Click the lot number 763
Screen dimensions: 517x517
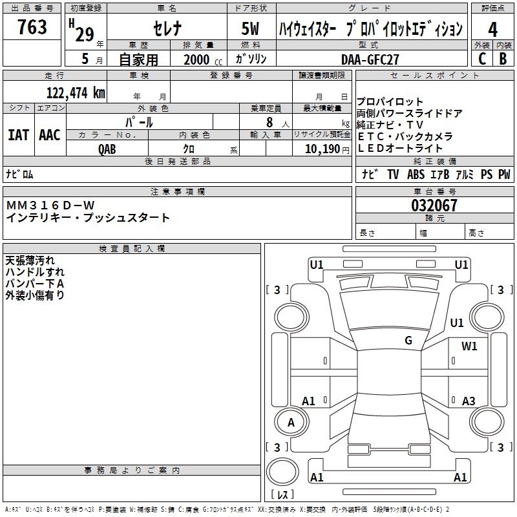tap(32, 28)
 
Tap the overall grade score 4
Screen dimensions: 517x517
tap(492, 30)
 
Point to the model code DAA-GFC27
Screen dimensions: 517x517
tap(370, 59)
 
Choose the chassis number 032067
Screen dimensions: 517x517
tap(434, 206)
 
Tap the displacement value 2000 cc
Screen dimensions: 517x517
tap(202, 59)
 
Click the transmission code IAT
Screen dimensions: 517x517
tap(18, 135)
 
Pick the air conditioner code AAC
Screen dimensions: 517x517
tap(49, 135)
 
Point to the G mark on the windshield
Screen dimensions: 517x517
tap(408, 341)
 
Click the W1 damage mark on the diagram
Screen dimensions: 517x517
tap(469, 346)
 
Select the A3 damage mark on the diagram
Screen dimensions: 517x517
tap(469, 401)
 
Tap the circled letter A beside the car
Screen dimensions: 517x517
tap(291, 423)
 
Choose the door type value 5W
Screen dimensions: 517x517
tap(251, 29)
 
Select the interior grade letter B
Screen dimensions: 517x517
tap(503, 59)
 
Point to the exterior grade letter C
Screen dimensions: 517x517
tap(481, 59)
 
